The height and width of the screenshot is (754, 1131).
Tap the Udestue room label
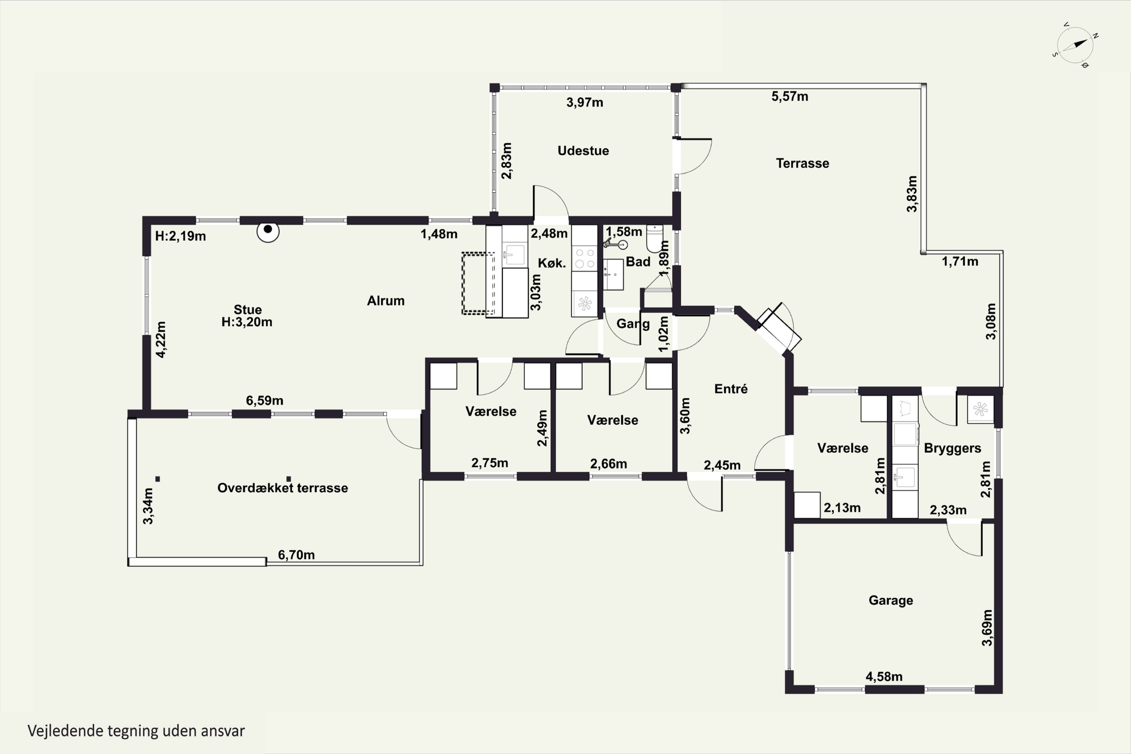point(583,150)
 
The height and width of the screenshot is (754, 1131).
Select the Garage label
point(890,600)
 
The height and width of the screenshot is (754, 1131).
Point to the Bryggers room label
point(952,448)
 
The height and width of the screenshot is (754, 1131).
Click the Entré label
point(731,389)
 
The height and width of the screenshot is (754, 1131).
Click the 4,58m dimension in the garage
point(884,677)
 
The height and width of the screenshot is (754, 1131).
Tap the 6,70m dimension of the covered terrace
point(296,555)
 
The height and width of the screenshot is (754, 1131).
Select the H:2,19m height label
point(180,236)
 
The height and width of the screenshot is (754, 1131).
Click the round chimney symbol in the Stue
point(268,231)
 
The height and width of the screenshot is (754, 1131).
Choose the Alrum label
point(386,300)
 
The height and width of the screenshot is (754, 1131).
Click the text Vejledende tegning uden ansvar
point(136,731)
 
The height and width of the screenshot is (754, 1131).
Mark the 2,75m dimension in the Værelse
point(489,463)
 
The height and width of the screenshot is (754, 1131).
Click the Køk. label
point(552,263)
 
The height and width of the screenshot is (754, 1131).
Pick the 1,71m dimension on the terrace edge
point(960,261)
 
